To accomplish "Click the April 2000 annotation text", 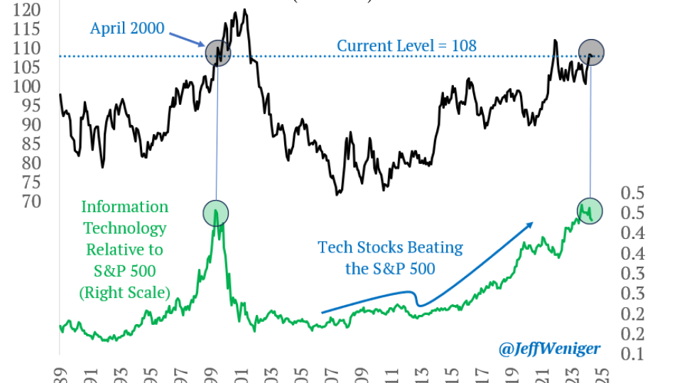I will [x=126, y=29].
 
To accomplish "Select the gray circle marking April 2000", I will [x=217, y=53].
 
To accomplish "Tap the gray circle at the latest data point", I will [x=590, y=53].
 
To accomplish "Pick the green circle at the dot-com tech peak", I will [x=215, y=213].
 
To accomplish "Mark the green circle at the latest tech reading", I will [x=590, y=210].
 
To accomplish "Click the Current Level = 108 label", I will [x=406, y=45].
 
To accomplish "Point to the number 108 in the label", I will [x=463, y=45].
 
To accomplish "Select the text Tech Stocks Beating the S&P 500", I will [x=390, y=258].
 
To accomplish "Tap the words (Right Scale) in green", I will [x=126, y=292].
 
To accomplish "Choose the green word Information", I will [x=125, y=207].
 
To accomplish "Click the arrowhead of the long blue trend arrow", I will [x=529, y=224].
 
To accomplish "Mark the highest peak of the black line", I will [x=244, y=10].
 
